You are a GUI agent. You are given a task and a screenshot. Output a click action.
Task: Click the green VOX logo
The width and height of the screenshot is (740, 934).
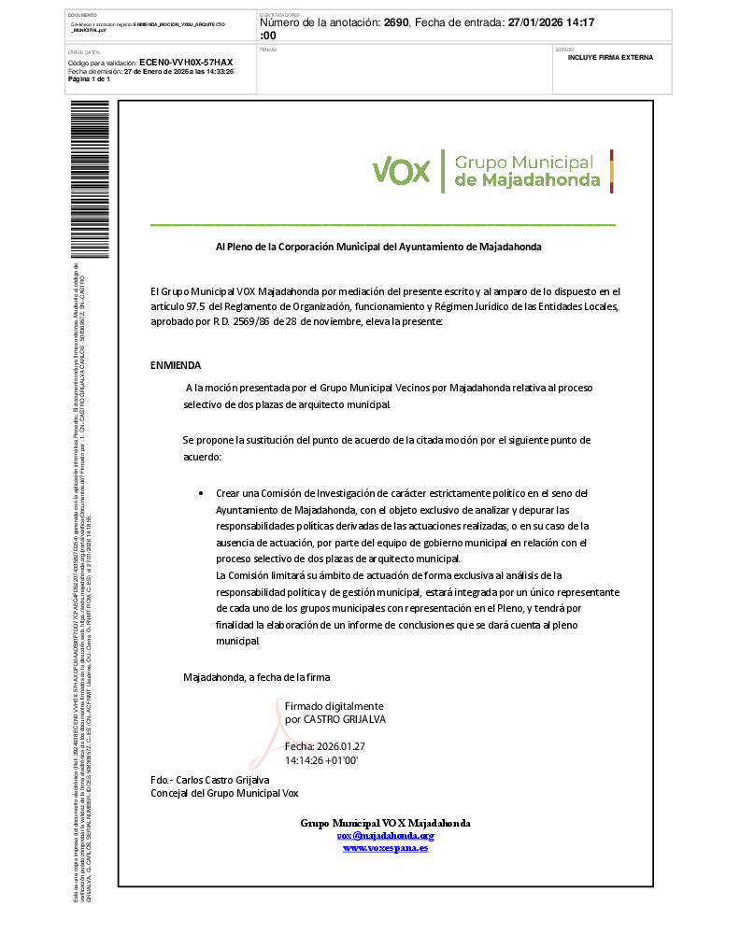point(401,171)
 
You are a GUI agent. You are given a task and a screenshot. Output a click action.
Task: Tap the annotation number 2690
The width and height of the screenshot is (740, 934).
point(396,21)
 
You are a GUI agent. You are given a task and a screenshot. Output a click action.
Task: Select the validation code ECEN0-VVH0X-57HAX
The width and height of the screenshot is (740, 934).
point(186,62)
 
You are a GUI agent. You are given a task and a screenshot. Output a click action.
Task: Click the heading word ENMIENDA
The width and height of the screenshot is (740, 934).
point(176,365)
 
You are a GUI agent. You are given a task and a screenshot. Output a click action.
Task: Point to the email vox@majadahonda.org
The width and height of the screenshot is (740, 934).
point(385,835)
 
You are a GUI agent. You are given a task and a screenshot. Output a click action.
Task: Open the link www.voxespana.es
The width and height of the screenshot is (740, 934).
point(385,847)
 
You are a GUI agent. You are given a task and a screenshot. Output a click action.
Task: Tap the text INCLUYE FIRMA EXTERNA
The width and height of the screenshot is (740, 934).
point(610,57)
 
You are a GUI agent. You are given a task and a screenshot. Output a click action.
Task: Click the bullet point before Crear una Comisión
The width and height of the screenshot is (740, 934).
point(201,493)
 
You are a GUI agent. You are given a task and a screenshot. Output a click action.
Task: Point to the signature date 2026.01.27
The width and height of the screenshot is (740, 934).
point(339,746)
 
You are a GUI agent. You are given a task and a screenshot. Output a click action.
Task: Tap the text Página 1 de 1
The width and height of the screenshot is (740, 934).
point(89,78)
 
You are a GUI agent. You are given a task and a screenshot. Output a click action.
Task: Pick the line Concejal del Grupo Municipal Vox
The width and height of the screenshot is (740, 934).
point(224,793)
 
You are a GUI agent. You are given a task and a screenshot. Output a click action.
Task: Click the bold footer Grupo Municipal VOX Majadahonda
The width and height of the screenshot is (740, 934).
point(385,823)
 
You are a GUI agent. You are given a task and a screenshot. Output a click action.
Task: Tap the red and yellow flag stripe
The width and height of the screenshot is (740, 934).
point(611,171)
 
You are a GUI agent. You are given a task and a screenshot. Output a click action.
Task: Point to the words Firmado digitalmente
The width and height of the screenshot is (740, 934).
point(334,706)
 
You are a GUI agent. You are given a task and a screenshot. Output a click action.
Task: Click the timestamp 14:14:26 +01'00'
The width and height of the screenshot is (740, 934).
point(322,760)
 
